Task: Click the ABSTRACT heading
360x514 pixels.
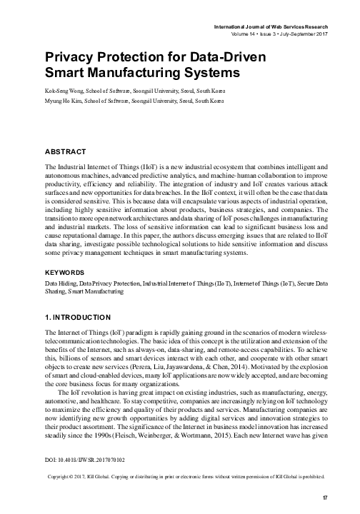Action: (65, 151)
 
